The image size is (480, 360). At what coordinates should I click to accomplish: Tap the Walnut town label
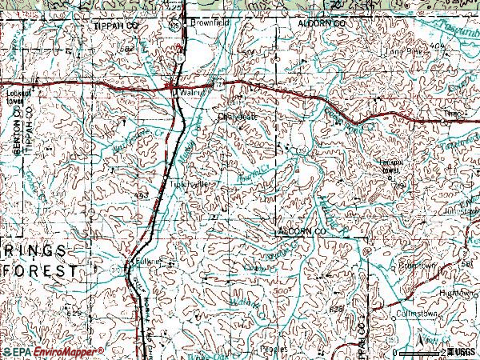pyautogui.click(x=189, y=93)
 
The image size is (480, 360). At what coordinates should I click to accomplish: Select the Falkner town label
pyautogui.click(x=146, y=261)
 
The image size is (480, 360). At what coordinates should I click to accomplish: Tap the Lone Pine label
pyautogui.click(x=402, y=54)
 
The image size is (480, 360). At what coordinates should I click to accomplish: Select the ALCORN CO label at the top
pyautogui.click(x=323, y=25)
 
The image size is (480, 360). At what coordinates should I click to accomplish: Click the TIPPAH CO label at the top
pyautogui.click(x=111, y=25)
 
